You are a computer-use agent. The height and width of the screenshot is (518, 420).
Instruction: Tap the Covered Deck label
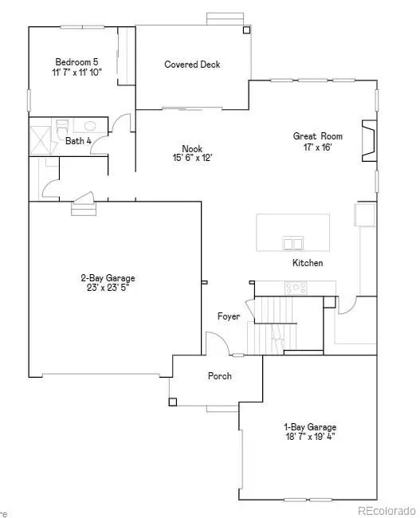tap(192, 65)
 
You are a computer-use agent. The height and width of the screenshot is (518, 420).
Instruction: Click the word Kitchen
tap(308, 263)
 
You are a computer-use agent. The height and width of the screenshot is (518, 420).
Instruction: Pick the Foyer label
tap(229, 316)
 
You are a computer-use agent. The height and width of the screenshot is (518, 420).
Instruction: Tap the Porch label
tap(220, 375)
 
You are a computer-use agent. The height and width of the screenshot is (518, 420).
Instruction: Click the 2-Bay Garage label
tap(104, 278)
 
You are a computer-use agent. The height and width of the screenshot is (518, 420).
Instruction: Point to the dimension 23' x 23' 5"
tap(104, 288)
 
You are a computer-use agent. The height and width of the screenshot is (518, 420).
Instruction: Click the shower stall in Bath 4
tap(41, 139)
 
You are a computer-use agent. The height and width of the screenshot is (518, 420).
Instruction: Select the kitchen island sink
tap(292, 243)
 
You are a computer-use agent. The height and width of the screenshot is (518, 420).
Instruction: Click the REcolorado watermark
tap(386, 509)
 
